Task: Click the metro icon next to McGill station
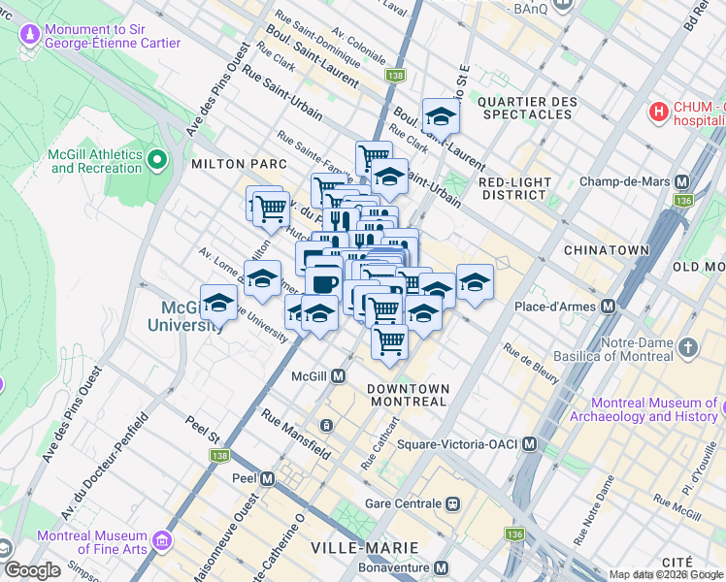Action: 339,375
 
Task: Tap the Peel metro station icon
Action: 268,479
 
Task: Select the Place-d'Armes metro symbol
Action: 609,307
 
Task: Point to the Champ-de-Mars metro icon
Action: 681,181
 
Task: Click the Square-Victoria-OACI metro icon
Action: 529,444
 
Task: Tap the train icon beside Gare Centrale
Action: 452,504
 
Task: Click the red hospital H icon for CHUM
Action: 660,113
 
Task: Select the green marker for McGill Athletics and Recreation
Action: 157,158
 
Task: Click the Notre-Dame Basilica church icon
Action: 687,347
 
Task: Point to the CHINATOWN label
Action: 607,250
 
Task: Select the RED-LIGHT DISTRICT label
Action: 515,188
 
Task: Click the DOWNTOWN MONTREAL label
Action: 408,395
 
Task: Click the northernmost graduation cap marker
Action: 441,116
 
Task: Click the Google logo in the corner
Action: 32,570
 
